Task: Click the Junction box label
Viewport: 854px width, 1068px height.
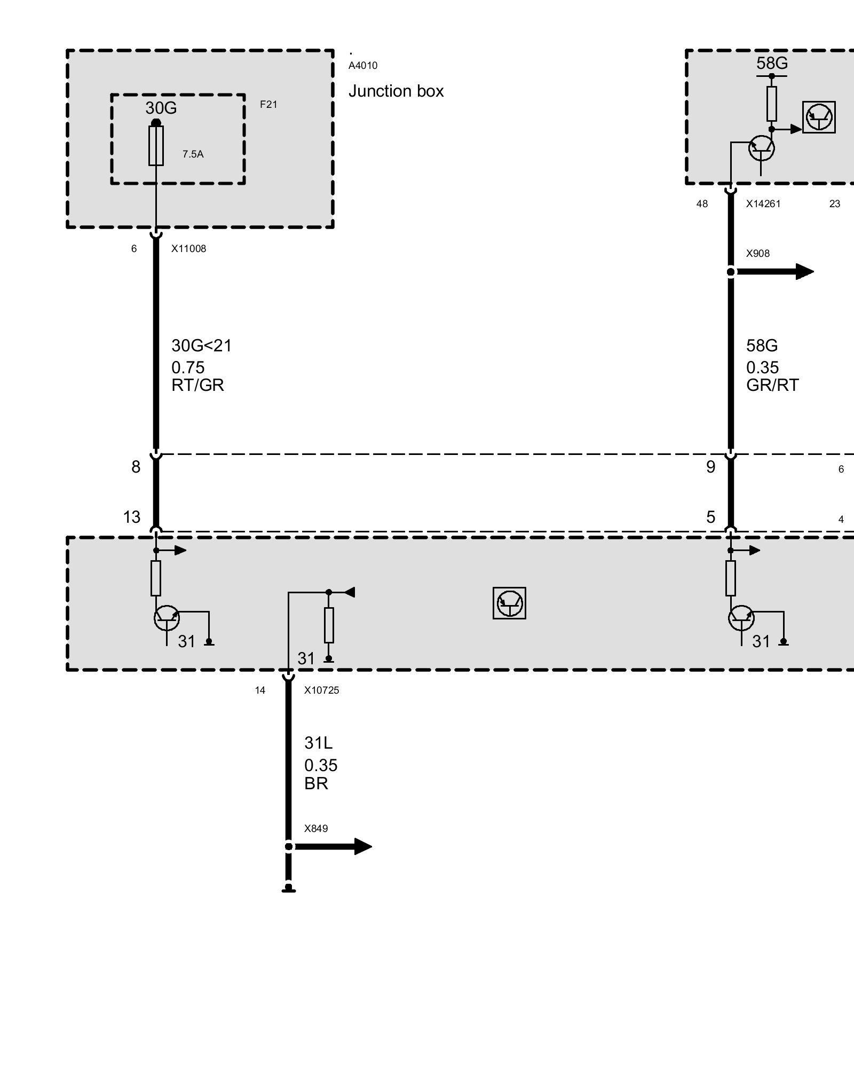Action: (396, 91)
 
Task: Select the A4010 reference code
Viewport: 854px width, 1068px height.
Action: (363, 66)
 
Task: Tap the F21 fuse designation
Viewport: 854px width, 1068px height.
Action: (268, 105)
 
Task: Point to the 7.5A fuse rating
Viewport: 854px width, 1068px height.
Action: (193, 154)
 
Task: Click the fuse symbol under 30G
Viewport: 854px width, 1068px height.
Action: (156, 146)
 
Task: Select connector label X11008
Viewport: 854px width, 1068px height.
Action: (188, 249)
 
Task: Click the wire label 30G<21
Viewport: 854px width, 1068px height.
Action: (202, 346)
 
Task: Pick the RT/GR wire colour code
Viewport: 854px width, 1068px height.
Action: (197, 385)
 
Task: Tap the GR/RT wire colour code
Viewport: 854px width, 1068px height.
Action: (772, 385)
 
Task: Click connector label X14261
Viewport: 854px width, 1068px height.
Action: (763, 204)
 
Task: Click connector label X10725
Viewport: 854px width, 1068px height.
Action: (321, 690)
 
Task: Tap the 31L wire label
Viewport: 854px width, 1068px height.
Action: (318, 743)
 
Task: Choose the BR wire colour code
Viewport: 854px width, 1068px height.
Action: (316, 783)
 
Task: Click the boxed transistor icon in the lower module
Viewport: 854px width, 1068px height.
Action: (509, 603)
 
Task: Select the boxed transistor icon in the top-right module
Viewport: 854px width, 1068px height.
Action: (819, 117)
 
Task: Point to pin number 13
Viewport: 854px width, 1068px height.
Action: (132, 517)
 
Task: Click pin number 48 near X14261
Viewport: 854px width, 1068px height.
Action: (702, 204)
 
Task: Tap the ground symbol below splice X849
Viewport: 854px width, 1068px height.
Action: (288, 889)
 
